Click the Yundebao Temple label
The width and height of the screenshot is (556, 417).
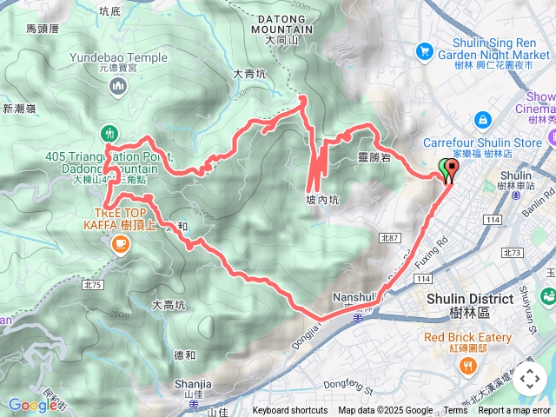(119, 59)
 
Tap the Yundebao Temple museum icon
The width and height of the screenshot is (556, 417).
(119, 86)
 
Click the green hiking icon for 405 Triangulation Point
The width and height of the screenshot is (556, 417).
(109, 133)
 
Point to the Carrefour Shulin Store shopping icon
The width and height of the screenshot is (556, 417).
(482, 119)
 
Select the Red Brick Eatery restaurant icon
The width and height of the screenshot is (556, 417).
(468, 365)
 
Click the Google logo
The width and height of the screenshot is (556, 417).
(32, 405)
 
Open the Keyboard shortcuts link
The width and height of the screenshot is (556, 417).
(290, 411)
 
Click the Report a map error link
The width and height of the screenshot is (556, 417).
(514, 411)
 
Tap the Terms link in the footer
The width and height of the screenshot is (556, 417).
(454, 411)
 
